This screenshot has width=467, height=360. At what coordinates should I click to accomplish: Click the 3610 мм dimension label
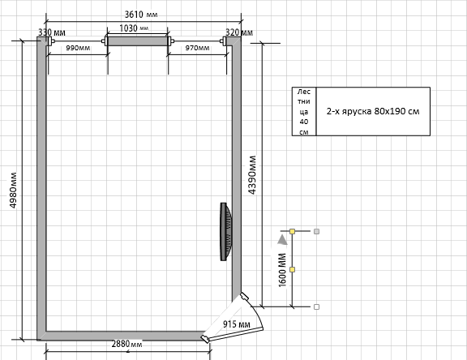coord(141,14)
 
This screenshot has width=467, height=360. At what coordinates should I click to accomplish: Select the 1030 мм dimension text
coord(134,28)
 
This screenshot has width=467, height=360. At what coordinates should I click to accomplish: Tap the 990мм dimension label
coord(78,48)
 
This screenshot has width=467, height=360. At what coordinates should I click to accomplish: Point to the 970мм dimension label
coord(197,48)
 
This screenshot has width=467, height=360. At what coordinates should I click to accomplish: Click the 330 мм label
coord(52,32)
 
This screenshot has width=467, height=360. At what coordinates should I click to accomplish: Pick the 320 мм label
coord(239,32)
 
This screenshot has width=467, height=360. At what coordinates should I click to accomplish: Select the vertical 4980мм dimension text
coord(13,190)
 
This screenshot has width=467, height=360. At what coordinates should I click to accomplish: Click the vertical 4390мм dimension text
coord(252,175)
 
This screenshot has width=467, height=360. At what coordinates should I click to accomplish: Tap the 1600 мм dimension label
coord(282,270)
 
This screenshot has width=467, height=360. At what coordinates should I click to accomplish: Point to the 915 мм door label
coord(237,324)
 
